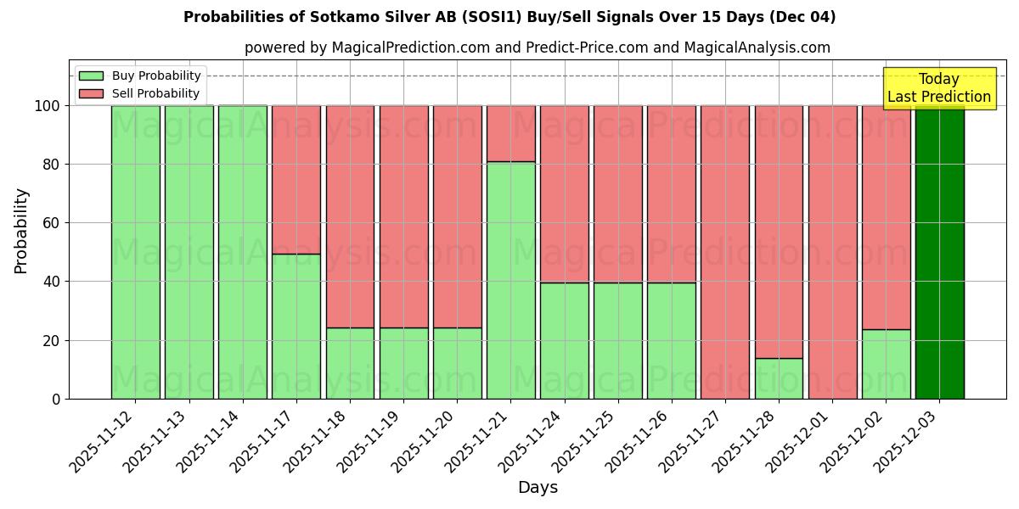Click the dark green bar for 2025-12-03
pyautogui.click(x=939, y=252)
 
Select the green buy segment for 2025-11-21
pyautogui.click(x=510, y=280)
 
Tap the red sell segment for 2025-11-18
pyautogui.click(x=350, y=216)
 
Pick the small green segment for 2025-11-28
pyautogui.click(x=779, y=378)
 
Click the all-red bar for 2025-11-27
pyautogui.click(x=725, y=252)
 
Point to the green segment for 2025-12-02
pyautogui.click(x=886, y=364)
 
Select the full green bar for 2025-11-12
pyautogui.click(x=135, y=252)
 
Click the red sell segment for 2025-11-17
pyautogui.click(x=296, y=180)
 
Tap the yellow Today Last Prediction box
pyautogui.click(x=939, y=88)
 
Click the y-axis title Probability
pyautogui.click(x=22, y=230)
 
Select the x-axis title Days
pyautogui.click(x=538, y=488)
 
